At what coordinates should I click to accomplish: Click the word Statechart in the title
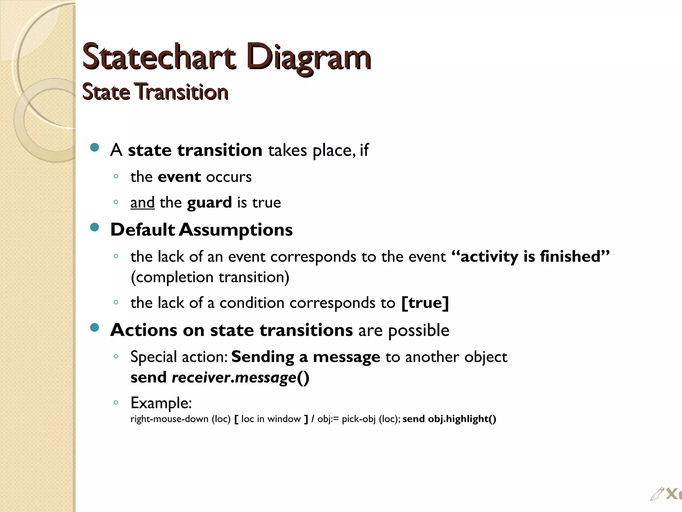(159, 57)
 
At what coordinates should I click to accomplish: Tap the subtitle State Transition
(155, 92)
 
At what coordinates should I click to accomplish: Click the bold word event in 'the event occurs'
(179, 177)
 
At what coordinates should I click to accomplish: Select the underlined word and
(142, 203)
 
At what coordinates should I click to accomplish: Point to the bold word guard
(209, 203)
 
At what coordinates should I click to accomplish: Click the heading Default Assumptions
(201, 230)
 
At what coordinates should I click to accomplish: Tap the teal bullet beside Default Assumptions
(95, 228)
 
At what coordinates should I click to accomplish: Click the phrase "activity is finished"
(530, 256)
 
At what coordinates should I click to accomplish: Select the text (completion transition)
(210, 277)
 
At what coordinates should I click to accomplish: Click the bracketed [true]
(425, 303)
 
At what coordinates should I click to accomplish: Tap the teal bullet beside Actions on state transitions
(95, 328)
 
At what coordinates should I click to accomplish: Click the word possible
(419, 330)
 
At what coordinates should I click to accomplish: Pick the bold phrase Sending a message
(305, 357)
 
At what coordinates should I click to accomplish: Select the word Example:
(161, 403)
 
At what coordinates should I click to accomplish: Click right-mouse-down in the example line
(169, 419)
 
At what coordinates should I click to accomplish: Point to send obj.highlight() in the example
(449, 419)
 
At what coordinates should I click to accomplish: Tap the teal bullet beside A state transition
(95, 148)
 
